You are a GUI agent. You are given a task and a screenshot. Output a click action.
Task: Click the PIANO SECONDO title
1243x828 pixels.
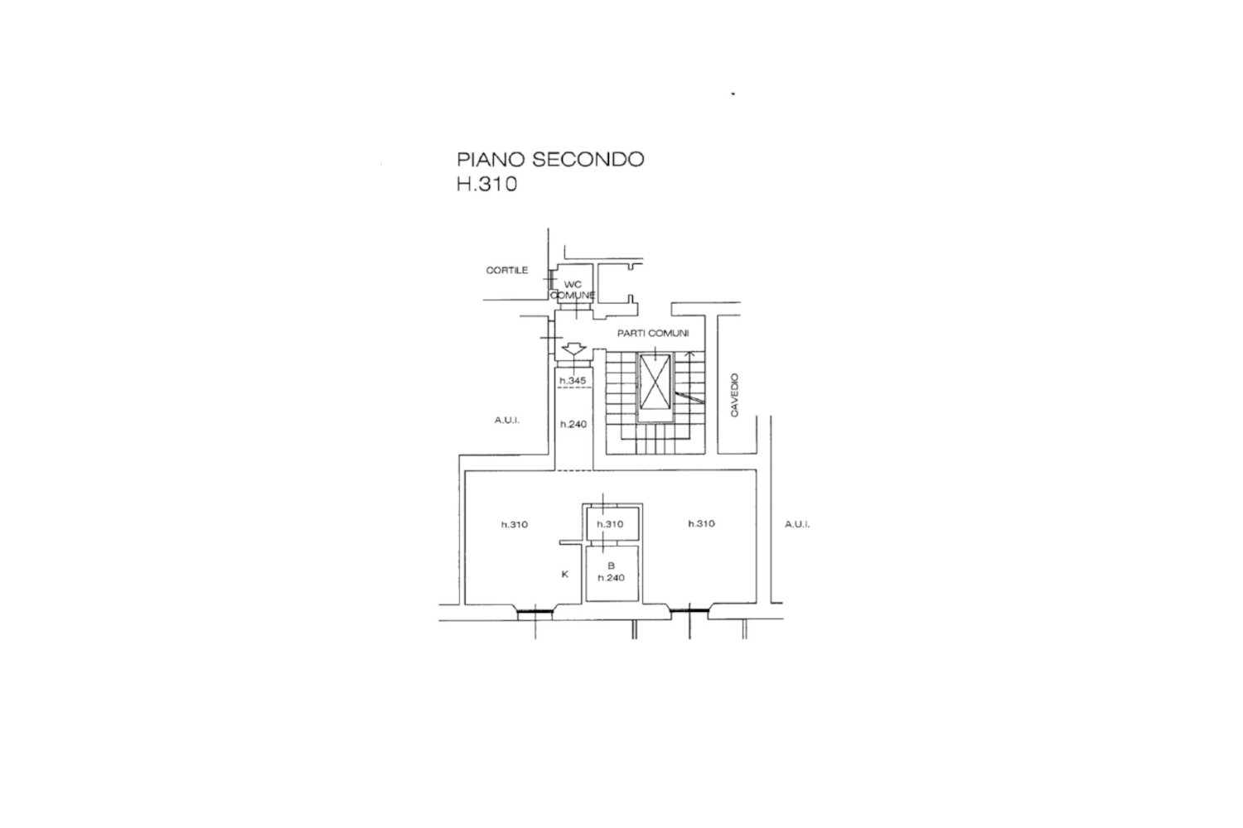click(x=550, y=159)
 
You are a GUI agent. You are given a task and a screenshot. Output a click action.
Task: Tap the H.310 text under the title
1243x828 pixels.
click(x=486, y=184)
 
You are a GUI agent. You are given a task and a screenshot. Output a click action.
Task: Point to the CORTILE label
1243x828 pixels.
click(x=506, y=270)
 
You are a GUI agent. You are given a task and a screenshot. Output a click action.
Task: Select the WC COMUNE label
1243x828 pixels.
click(x=573, y=290)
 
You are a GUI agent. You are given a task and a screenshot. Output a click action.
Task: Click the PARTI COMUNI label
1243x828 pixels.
click(x=653, y=334)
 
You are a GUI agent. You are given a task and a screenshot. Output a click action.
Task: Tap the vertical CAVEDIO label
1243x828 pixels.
click(x=734, y=395)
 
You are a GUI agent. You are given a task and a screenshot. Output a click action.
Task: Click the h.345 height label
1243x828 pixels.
click(x=573, y=381)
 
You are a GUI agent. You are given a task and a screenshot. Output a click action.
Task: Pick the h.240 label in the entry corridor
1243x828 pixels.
click(x=573, y=424)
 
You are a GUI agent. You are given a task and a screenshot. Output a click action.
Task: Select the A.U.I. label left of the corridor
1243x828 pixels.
click(x=506, y=421)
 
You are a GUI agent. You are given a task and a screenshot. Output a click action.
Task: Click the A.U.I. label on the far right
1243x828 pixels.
click(x=797, y=524)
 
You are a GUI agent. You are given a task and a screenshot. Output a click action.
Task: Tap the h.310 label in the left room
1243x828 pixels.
click(x=515, y=524)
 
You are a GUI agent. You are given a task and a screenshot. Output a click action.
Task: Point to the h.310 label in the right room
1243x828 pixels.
click(x=701, y=523)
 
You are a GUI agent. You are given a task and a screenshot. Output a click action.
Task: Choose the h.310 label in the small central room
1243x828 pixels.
click(x=610, y=524)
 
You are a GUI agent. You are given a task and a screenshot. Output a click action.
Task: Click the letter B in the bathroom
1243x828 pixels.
click(x=611, y=566)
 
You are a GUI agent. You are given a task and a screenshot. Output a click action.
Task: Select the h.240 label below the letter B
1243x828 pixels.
click(x=611, y=577)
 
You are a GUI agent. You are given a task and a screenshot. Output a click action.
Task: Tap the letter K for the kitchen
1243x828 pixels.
click(x=565, y=575)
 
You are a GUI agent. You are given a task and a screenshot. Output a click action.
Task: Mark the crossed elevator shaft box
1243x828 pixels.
click(x=655, y=382)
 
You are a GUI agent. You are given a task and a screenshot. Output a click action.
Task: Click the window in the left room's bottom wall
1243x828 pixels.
click(x=535, y=612)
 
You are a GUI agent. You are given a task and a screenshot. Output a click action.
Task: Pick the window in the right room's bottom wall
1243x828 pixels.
click(x=689, y=610)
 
